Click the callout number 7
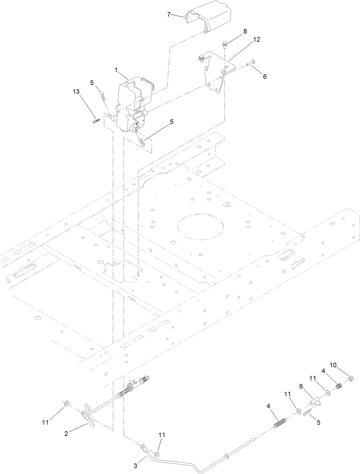pyautogui.click(x=169, y=14)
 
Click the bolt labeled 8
pyautogui.click(x=224, y=45)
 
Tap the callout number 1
pyautogui.click(x=116, y=70)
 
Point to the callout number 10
pyautogui.click(x=333, y=365)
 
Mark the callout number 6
pyautogui.click(x=265, y=76)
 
